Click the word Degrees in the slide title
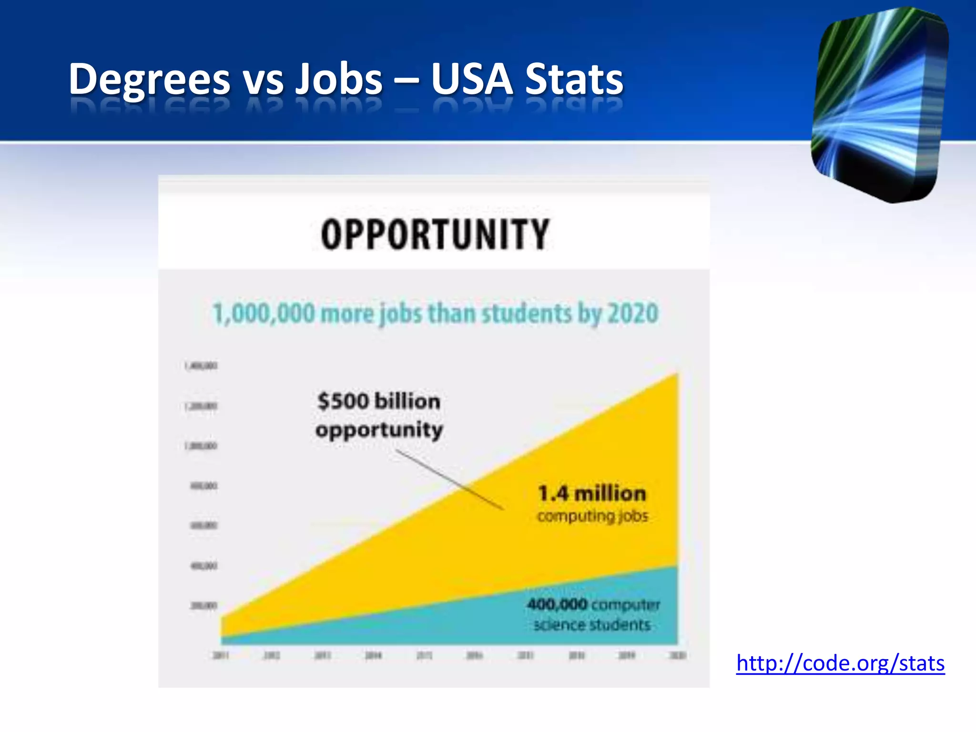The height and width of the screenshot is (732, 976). tap(149, 79)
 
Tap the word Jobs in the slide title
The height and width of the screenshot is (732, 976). tap(338, 79)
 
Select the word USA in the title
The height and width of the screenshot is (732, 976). tap(472, 79)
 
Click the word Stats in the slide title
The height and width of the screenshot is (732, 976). tap(574, 79)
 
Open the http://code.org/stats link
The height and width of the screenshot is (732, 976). tap(840, 663)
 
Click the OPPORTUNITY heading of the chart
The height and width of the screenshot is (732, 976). tap(435, 234)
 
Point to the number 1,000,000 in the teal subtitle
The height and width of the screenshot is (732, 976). tap(264, 314)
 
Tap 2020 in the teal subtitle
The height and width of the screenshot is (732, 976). tap(633, 314)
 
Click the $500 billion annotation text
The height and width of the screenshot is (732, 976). tap(379, 401)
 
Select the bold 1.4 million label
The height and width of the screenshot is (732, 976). tap(592, 494)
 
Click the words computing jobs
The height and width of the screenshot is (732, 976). tap(592, 516)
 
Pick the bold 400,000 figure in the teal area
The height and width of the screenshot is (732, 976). tap(557, 604)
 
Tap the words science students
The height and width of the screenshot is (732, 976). tap(592, 625)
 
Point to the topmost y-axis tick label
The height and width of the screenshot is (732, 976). tap(201, 366)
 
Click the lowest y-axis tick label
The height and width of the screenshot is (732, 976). tap(203, 606)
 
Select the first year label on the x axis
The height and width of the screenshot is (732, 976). tap(221, 656)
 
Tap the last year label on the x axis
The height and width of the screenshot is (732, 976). tap(678, 656)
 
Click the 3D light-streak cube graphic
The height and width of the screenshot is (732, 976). tap(879, 105)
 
